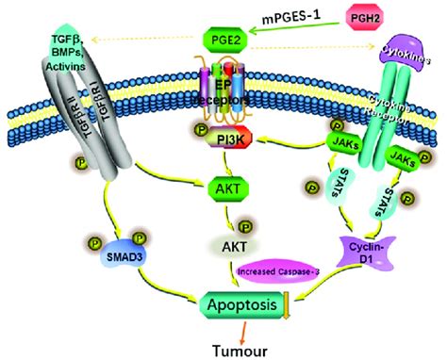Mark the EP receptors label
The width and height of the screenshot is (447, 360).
click(x=224, y=94)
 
